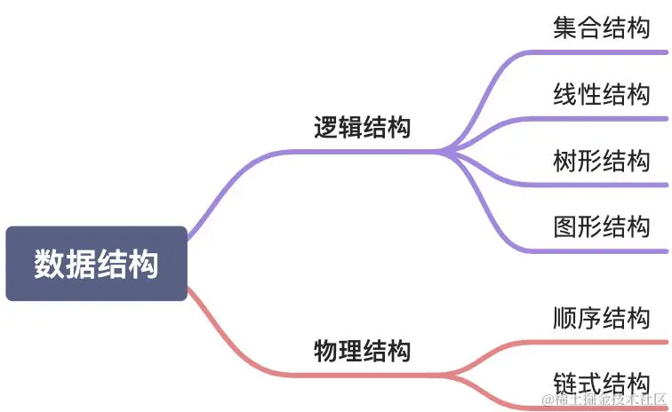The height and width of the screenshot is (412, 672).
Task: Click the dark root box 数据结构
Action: pyautogui.click(x=96, y=264)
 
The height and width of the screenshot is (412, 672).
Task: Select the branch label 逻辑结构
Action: pyautogui.click(x=363, y=127)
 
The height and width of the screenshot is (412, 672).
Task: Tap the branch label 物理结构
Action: pyautogui.click(x=363, y=351)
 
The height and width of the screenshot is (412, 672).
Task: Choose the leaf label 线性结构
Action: pyautogui.click(x=601, y=94)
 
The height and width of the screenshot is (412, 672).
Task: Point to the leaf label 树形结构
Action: pyautogui.click(x=601, y=161)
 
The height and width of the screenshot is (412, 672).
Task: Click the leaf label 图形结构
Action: pyautogui.click(x=601, y=226)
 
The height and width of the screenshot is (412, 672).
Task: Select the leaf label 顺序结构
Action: pyautogui.click(x=601, y=317)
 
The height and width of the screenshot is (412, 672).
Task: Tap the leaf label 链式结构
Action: pyautogui.click(x=601, y=384)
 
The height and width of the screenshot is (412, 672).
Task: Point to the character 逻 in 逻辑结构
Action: pyautogui.click(x=326, y=127)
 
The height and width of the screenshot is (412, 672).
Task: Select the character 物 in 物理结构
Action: pyautogui.click(x=326, y=351)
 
